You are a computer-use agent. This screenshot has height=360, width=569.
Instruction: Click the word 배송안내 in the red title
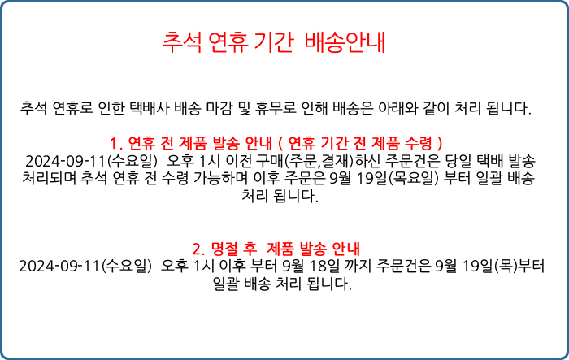pyautogui.click(x=345, y=42)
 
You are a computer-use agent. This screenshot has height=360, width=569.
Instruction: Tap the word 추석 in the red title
pyautogui.click(x=181, y=42)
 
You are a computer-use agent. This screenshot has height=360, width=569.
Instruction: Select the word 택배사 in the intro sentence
pyautogui.click(x=149, y=108)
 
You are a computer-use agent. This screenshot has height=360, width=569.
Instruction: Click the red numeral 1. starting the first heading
pyautogui.click(x=116, y=144)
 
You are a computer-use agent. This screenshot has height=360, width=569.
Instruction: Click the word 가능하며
pyautogui.click(x=220, y=179)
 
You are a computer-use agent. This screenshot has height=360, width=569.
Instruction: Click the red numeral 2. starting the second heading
pyautogui.click(x=199, y=249)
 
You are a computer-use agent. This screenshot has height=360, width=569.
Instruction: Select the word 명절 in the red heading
pyautogui.click(x=224, y=249)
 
